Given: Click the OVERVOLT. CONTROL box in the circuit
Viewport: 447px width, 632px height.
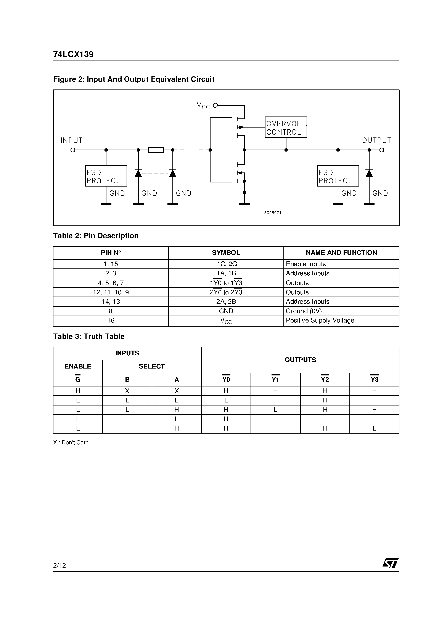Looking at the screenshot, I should (x=286, y=127).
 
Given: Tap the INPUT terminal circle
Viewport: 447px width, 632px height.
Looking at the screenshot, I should (x=73, y=150).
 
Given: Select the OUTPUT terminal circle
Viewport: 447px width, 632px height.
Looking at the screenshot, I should (x=382, y=150).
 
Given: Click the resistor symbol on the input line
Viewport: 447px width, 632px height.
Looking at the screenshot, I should (x=156, y=150).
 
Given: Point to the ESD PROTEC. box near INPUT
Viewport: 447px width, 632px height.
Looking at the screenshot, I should (x=106, y=176).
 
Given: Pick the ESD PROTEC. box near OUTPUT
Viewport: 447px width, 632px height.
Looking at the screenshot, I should (x=338, y=176).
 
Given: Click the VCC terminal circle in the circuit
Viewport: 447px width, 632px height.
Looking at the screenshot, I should (x=215, y=105).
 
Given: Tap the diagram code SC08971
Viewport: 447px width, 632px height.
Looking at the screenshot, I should (x=273, y=213).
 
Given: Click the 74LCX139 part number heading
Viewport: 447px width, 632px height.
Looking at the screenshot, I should (x=73, y=54).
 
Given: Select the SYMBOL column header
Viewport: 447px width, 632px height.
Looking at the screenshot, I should (x=226, y=253).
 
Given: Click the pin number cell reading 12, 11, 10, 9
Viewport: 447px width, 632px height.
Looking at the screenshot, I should (x=111, y=292).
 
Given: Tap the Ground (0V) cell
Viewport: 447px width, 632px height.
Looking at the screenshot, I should (x=304, y=311).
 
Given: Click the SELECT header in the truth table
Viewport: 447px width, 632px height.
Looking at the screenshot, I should (x=152, y=366).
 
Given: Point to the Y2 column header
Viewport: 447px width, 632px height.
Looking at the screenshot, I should (x=325, y=380).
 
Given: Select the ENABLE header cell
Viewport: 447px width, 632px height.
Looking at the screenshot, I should (x=78, y=366).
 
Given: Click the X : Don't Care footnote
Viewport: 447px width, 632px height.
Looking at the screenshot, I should (x=71, y=443).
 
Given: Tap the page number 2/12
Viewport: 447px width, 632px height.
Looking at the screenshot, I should (x=59, y=565).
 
